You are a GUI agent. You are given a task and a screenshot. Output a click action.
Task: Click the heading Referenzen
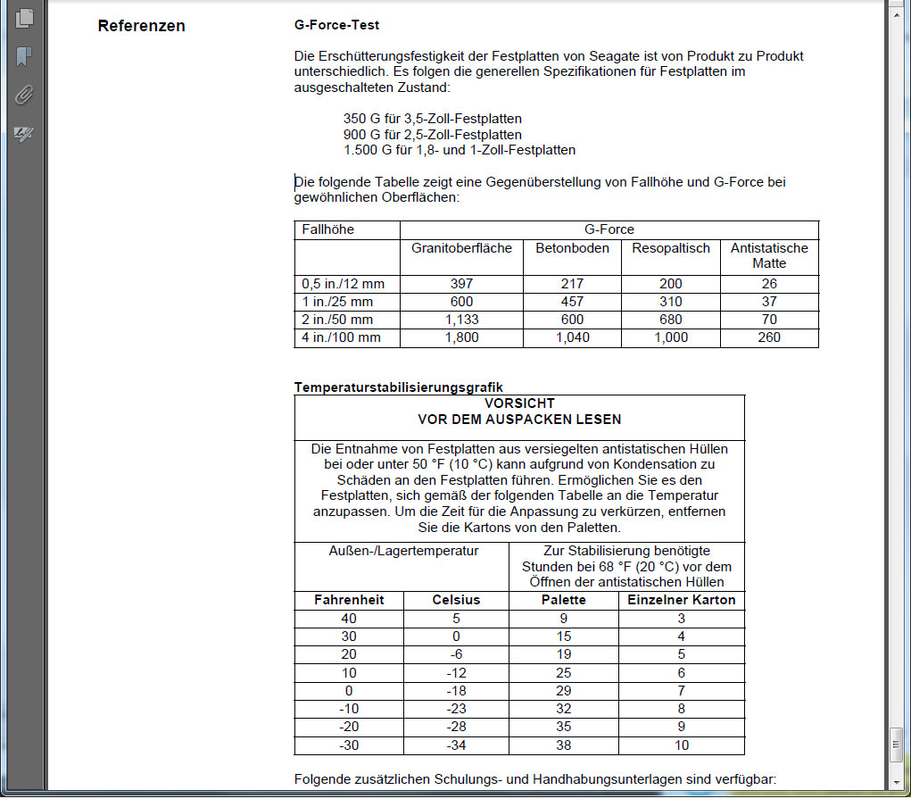(141, 26)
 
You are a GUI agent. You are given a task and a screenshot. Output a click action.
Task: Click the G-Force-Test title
(336, 25)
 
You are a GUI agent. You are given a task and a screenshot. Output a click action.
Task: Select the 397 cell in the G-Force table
(461, 284)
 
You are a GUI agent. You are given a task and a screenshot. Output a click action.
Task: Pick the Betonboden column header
(572, 247)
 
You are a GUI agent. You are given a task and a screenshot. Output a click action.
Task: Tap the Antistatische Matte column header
(769, 255)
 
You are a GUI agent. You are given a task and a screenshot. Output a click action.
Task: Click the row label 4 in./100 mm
(342, 337)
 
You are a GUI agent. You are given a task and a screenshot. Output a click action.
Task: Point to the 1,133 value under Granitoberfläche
(461, 320)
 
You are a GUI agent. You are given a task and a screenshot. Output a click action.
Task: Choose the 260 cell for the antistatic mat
(769, 337)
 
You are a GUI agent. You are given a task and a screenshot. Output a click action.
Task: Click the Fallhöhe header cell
(328, 229)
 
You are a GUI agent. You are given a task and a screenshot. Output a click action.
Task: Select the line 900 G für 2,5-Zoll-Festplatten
(433, 134)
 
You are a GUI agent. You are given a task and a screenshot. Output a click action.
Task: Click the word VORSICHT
(519, 403)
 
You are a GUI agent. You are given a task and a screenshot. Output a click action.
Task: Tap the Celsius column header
(456, 600)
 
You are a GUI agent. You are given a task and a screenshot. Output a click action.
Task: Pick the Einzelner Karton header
(682, 600)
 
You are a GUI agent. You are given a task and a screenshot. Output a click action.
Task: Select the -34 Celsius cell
(456, 745)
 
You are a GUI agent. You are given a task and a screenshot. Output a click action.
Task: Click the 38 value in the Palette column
(564, 745)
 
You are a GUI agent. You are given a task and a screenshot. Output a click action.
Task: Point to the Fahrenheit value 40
(349, 618)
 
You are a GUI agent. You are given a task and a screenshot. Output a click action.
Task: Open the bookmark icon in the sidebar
(24, 56)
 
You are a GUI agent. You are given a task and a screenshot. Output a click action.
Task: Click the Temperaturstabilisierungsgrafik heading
(398, 387)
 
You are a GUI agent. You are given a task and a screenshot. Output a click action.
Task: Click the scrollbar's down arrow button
(897, 781)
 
